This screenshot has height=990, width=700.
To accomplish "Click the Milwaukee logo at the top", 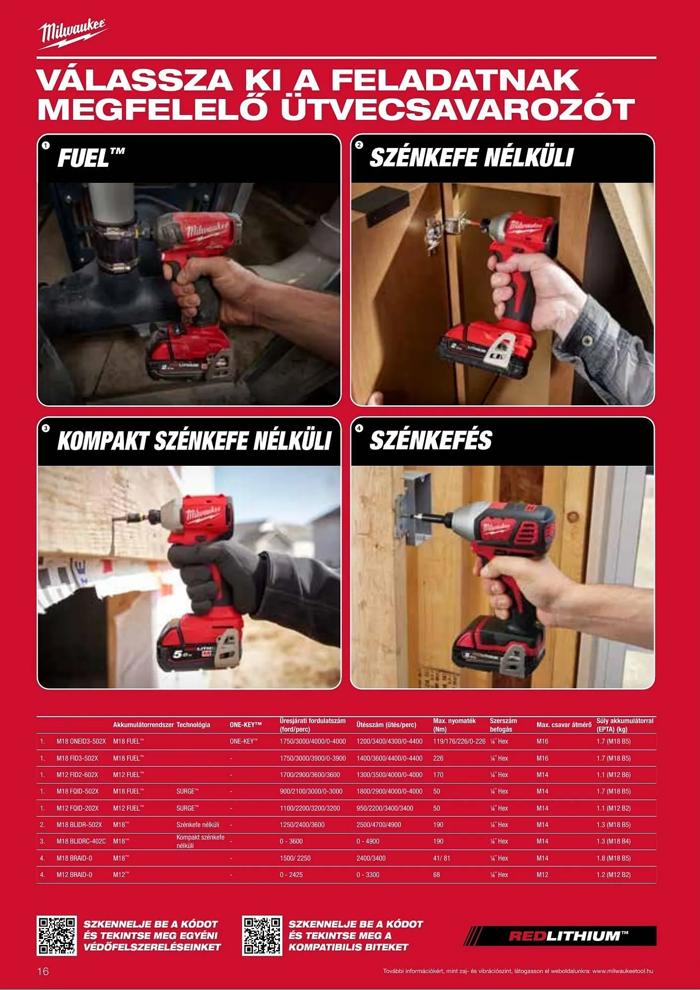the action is click(73, 34).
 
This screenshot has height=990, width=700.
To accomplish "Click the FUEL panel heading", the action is click(91, 158).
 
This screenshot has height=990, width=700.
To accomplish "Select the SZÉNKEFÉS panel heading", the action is click(431, 440).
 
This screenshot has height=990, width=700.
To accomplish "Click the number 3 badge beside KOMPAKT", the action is click(46, 428).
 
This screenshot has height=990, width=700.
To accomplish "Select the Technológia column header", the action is click(193, 725).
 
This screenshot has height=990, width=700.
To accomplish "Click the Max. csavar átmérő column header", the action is click(564, 725).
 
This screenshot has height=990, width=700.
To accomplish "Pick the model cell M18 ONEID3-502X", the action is click(81, 742).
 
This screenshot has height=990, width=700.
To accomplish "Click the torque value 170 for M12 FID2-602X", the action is click(438, 775).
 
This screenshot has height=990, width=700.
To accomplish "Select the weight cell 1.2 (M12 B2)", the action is click(613, 875).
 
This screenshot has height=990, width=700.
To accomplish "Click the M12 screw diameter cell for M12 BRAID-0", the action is click(542, 875).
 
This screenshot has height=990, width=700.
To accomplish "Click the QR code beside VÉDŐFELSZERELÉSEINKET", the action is click(57, 936).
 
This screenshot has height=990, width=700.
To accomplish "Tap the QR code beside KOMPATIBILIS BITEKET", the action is click(262, 936).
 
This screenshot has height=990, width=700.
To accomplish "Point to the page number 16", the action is click(43, 971).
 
